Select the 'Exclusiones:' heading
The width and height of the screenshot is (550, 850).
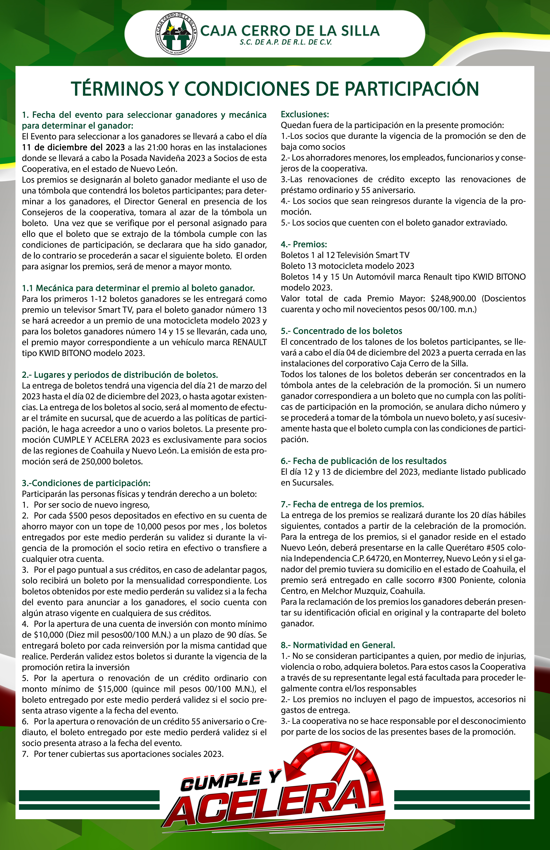click(x=305, y=114)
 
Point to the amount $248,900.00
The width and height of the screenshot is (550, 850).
click(x=453, y=298)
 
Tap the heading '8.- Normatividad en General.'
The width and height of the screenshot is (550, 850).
click(x=337, y=645)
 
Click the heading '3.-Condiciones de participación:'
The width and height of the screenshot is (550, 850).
click(x=86, y=483)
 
